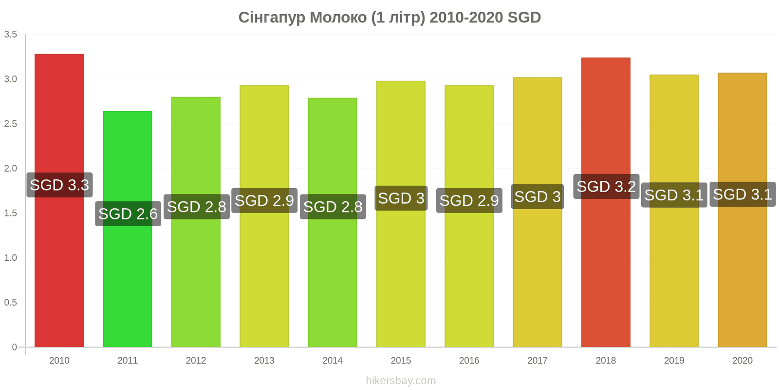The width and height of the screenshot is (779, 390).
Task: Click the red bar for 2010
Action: pyautogui.click(x=59, y=200)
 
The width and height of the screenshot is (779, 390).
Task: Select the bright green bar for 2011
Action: pyautogui.click(x=127, y=229)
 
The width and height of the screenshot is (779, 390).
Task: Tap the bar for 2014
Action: pyautogui.click(x=333, y=222)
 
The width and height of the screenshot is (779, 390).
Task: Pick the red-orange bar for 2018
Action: pyautogui.click(x=606, y=202)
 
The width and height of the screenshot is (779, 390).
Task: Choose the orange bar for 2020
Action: pyautogui.click(x=742, y=210)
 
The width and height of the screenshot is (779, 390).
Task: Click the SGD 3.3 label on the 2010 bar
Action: pyautogui.click(x=59, y=185)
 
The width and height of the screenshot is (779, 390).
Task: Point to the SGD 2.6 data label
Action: pyautogui.click(x=128, y=214)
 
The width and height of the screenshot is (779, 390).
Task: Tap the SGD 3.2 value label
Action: pyautogui.click(x=607, y=186)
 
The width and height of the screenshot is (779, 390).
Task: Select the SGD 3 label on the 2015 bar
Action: pyautogui.click(x=401, y=198)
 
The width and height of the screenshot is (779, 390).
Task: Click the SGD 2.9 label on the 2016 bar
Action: pyautogui.click(x=469, y=200)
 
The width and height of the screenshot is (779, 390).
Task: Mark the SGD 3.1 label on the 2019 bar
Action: pyautogui.click(x=674, y=195)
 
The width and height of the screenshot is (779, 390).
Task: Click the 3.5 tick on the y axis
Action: pyautogui.click(x=10, y=34)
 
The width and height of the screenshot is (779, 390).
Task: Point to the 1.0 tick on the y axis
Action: pyautogui.click(x=10, y=258)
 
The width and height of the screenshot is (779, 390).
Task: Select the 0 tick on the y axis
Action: pyautogui.click(x=14, y=347)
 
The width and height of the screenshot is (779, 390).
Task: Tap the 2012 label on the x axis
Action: pyautogui.click(x=196, y=360)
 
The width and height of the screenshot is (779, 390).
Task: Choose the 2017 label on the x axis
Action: pyautogui.click(x=538, y=360)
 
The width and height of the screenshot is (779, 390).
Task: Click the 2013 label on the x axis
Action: pyautogui.click(x=264, y=360)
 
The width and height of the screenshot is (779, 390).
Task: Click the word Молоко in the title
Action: pyautogui.click(x=338, y=18)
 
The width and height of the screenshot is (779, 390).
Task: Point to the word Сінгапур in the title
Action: pyautogui.click(x=272, y=18)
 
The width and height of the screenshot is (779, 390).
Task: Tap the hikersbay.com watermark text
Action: pyautogui.click(x=401, y=381)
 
